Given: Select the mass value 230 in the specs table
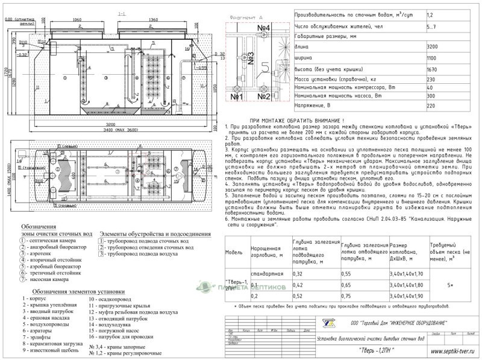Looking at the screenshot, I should (431, 80).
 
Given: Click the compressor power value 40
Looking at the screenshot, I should (430, 87).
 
